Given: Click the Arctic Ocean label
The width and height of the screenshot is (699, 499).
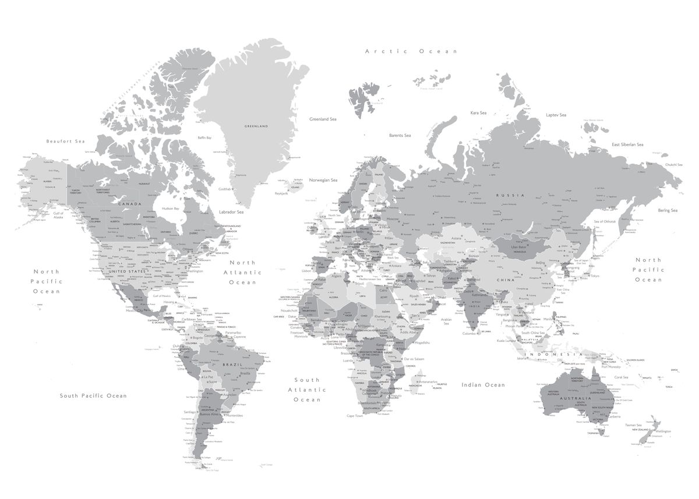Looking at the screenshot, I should click(411, 51).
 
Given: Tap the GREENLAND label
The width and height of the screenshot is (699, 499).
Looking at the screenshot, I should click(256, 126).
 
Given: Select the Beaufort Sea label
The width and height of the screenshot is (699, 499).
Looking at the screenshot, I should click(66, 141).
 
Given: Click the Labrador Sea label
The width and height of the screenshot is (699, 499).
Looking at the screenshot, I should click(231, 212).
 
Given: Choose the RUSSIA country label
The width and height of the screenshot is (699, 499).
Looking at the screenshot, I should click(510, 195).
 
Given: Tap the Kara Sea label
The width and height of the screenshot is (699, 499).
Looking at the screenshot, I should click(478, 112).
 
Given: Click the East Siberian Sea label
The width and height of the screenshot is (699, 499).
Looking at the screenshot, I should click(627, 144).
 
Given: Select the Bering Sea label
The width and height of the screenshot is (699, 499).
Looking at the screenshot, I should click(668, 210).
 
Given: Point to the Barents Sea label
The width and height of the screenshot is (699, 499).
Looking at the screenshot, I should click(400, 135).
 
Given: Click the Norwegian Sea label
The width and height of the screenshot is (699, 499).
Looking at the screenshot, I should click(323, 180).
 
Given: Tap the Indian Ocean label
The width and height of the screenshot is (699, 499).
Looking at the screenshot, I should click(483, 385).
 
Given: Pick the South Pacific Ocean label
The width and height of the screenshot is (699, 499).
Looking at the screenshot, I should click(93, 396).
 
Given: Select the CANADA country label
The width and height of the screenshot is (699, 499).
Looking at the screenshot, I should click(130, 204).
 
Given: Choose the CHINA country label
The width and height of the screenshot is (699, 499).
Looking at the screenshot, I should click(504, 280).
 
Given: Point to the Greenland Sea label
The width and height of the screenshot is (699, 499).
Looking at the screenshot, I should click(323, 119).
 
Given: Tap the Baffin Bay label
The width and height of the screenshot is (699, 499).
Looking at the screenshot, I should click(205, 138).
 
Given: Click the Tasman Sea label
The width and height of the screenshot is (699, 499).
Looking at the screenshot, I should click(633, 425).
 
